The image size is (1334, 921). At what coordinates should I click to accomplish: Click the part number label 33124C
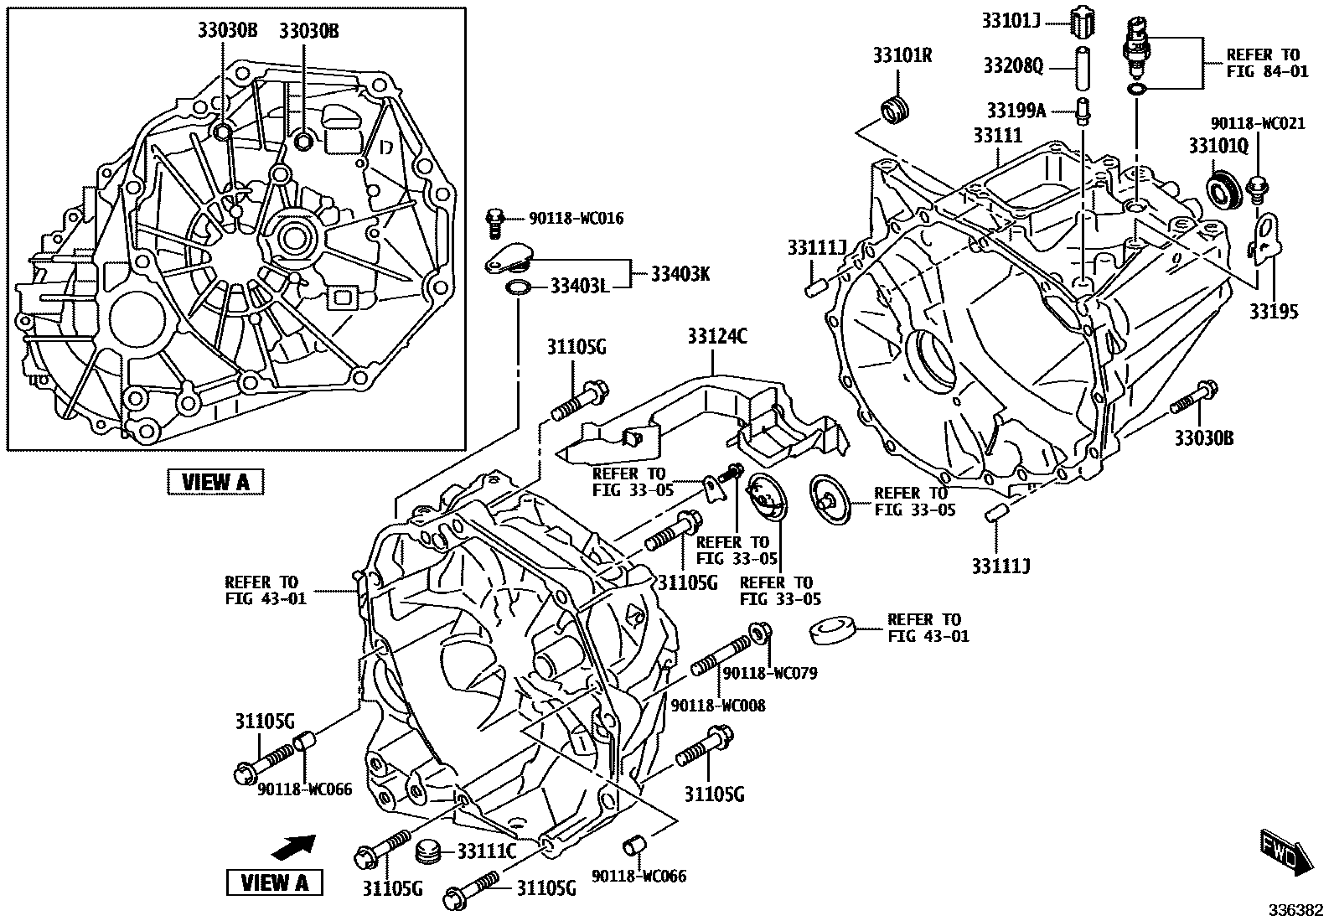click(717, 337)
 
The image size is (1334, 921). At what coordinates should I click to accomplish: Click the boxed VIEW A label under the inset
click(215, 481)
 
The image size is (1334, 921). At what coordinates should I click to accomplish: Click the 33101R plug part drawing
click(896, 111)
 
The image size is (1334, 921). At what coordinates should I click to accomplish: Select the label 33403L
click(579, 287)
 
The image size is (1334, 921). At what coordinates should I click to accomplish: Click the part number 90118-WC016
click(576, 219)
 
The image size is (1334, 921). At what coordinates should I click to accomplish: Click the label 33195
click(1275, 312)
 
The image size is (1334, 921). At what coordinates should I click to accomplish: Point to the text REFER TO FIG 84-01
click(1266, 63)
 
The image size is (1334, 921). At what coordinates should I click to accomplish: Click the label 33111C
click(486, 851)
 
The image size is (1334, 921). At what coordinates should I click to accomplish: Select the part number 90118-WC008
click(717, 706)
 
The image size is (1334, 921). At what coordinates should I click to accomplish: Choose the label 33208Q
click(1013, 65)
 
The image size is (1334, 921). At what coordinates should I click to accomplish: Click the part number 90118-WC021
click(1258, 123)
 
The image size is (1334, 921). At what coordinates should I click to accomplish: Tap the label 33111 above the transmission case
click(997, 135)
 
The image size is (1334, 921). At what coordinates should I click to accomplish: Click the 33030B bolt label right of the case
click(1202, 437)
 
